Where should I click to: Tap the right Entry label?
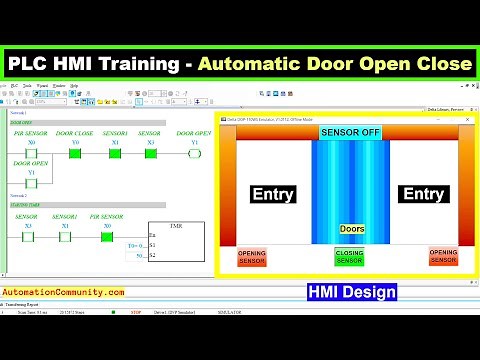(x=422, y=195)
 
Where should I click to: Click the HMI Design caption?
(x=351, y=292)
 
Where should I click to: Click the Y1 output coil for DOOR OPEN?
(x=194, y=154)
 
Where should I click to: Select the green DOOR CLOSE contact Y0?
(x=74, y=154)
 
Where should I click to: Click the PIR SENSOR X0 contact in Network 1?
(x=28, y=154)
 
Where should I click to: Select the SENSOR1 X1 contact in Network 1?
(x=115, y=154)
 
